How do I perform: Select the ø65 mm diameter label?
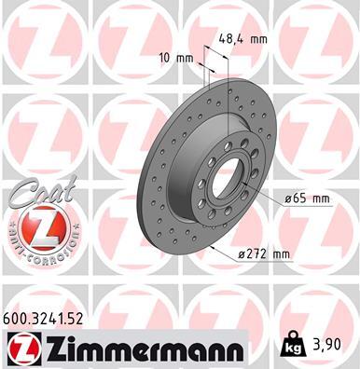(307, 198)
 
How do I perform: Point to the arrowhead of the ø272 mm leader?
(212, 248)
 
